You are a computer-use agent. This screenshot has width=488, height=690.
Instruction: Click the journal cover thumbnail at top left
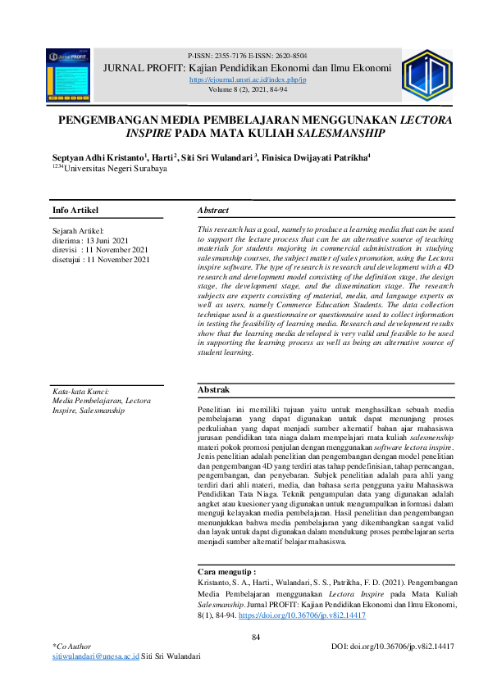tap(67, 75)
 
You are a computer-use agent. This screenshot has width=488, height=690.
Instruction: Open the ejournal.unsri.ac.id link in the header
tap(247, 80)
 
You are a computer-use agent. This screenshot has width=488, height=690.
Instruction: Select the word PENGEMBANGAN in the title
tap(109, 120)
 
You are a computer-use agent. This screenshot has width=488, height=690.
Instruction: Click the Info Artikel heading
tap(75, 211)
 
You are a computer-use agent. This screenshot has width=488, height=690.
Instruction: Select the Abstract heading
tap(213, 211)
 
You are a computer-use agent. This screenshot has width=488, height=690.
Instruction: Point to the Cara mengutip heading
tap(226, 570)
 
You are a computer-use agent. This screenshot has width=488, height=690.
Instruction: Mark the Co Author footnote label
tap(72, 647)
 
